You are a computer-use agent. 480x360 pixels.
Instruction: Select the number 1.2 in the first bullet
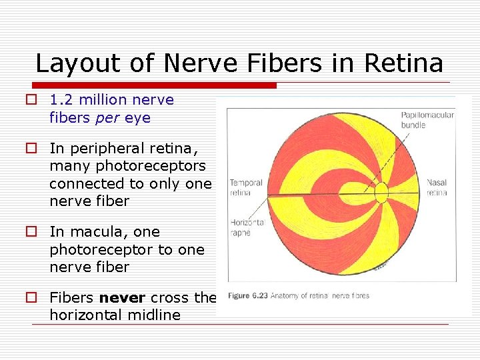pos(63,100)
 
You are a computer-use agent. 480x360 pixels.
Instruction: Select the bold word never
pos(123,298)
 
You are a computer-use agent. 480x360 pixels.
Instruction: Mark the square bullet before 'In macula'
pos(31,232)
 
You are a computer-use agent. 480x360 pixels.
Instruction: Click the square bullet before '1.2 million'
pos(31,100)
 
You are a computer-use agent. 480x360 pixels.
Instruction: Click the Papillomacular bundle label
pos(427,120)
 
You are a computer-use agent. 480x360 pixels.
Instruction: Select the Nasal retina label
pos(437,187)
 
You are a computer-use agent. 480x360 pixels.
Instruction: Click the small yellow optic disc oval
pos(381,193)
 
